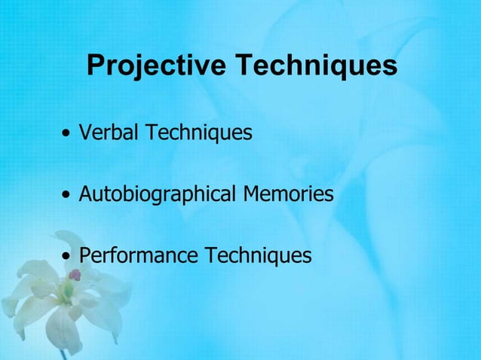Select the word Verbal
pos(109,133)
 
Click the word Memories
pos(288,194)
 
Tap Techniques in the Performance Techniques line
pos(257,256)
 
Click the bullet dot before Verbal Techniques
pos(69,136)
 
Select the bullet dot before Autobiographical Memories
pos(69,197)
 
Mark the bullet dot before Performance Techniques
pos(69,258)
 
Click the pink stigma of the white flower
pos(75,275)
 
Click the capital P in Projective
pos(95,66)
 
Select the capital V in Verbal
pos(85,133)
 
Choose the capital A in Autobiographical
pos(86,194)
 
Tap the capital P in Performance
pos(84,256)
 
